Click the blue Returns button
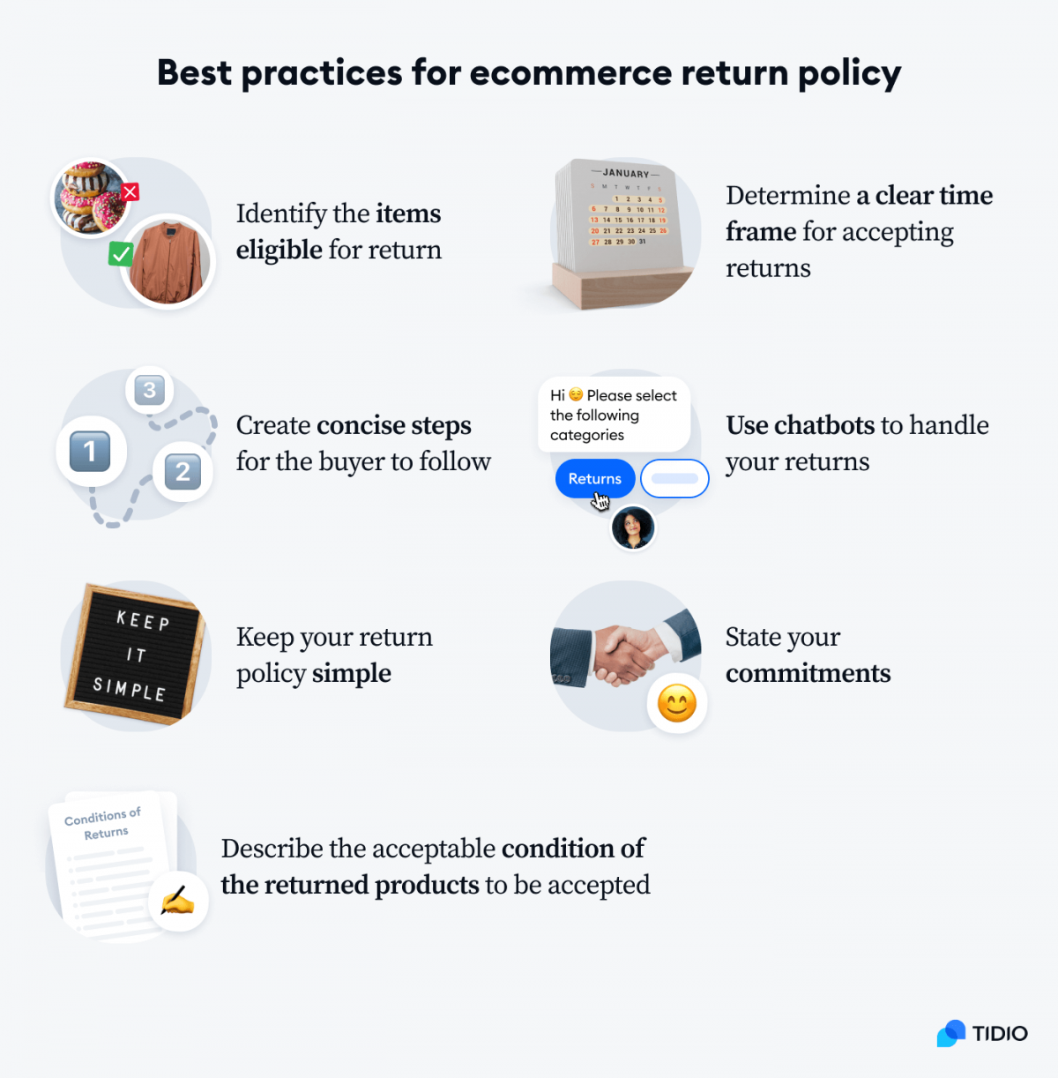594,478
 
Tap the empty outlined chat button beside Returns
674,478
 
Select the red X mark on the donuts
130,191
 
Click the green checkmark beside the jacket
121,254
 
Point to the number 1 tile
90,452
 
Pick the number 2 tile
183,472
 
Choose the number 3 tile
150,390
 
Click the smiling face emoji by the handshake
677,704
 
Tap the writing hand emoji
178,901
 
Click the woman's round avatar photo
633,528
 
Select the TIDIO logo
982,1033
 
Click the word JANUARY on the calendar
626,174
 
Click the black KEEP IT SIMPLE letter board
135,654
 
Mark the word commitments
808,673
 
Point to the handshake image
617,653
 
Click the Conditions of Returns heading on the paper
103,824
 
